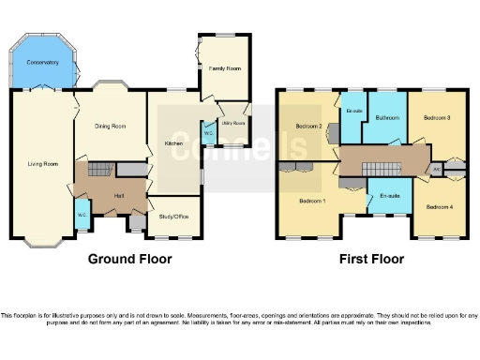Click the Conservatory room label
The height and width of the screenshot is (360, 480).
42,62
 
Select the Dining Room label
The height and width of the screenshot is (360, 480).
110,127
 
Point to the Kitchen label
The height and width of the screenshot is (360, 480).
173,143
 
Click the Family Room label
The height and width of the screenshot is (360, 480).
224,69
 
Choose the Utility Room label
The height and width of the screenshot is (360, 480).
233,123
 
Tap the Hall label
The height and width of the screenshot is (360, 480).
119,195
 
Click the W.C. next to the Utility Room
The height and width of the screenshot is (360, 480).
207,132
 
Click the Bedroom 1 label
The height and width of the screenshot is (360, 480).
311,201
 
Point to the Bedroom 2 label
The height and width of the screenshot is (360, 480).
309,126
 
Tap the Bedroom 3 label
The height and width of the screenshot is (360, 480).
437,118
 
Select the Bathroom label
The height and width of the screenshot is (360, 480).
387,118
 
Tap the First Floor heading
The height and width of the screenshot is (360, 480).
372,259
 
